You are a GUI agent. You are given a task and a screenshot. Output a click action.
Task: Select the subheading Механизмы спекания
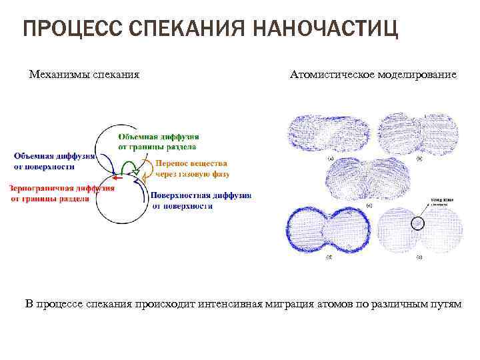click(x=85, y=75)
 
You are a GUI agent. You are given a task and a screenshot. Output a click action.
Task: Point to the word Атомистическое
click(x=329, y=75)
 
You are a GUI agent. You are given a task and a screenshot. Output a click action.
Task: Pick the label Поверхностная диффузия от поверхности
click(x=200, y=201)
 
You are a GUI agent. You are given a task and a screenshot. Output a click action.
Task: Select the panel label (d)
click(x=329, y=257)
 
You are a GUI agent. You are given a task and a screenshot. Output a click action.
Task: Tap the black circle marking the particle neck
click(x=417, y=223)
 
